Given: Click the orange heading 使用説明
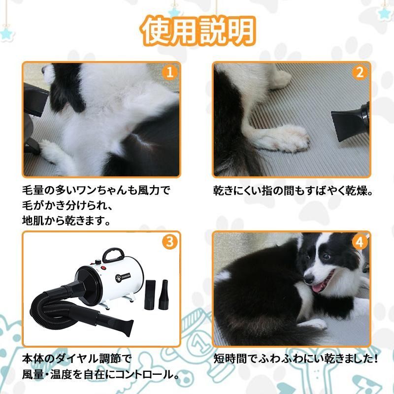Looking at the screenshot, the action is tap(198, 31).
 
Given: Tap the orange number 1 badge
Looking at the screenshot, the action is tap(170, 72).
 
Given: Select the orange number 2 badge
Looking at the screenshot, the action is tap(360, 72).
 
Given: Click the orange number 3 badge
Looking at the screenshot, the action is tap(170, 242).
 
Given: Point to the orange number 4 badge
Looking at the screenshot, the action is tap(360, 242).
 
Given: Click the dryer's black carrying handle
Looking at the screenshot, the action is tap(113, 254).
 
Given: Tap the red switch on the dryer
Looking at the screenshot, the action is tap(103, 268).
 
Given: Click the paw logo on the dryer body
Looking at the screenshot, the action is tap(119, 278).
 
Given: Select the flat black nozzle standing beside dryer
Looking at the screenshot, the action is tap(150, 295).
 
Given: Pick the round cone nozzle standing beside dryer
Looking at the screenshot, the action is tap(164, 295).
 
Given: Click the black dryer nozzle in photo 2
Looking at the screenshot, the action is tap(350, 121).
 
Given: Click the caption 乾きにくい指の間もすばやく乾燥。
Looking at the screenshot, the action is tap(293, 191).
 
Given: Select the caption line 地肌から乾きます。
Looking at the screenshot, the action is tap(66, 221).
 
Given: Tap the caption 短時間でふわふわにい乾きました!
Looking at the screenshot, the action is tap(296, 359).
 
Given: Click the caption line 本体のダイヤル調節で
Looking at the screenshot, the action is tap(77, 359).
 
